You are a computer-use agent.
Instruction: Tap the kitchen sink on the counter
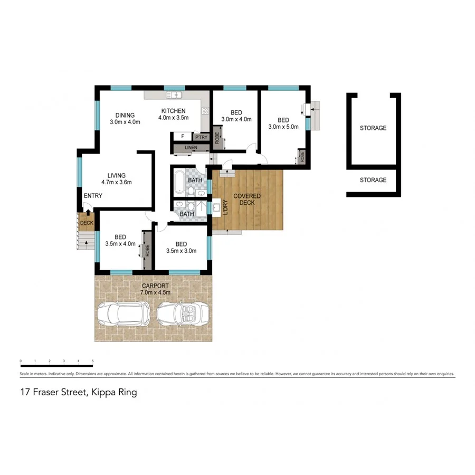point(174,95)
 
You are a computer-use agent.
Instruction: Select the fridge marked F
point(183,136)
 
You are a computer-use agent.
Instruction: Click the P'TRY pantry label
point(202,137)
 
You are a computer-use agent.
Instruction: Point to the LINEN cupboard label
point(191,147)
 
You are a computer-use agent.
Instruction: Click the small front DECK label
point(86,223)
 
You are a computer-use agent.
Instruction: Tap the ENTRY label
point(92,196)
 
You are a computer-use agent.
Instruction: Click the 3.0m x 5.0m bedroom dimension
point(283,127)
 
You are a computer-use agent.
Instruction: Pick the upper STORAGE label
point(373,128)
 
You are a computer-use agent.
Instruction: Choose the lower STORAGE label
point(373,180)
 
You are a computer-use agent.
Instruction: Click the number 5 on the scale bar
point(93,361)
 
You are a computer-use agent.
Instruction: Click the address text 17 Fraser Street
point(54,392)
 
